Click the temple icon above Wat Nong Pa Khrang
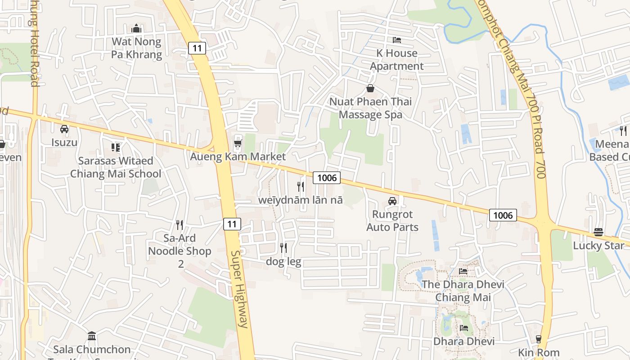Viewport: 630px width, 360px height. tap(137, 29)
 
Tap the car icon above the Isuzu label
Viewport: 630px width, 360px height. tap(64, 129)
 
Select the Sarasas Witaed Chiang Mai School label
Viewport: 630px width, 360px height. tap(116, 167)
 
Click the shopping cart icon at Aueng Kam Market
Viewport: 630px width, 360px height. tap(238, 144)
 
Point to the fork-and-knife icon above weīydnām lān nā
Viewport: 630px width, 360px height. tap(301, 186)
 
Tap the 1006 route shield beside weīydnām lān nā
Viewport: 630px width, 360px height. tap(327, 178)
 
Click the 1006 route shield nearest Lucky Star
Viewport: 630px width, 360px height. tap(503, 215)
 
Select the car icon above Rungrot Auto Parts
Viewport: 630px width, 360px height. tap(392, 201)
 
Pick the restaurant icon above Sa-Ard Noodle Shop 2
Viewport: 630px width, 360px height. tap(180, 225)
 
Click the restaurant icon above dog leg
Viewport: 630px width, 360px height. tap(283, 248)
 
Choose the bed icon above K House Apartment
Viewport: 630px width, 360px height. tap(396, 40)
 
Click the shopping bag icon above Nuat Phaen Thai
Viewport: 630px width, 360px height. tap(370, 88)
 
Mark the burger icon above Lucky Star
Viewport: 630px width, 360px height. tap(598, 232)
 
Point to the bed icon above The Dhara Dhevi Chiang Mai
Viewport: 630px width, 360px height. tap(463, 271)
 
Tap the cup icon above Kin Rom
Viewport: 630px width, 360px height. tap(538, 339)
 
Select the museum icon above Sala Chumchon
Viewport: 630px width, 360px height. tap(92, 336)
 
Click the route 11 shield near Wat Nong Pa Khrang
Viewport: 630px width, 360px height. tap(198, 48)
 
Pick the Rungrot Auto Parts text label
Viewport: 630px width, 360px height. tap(392, 221)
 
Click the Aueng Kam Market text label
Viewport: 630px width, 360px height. tap(238, 157)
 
